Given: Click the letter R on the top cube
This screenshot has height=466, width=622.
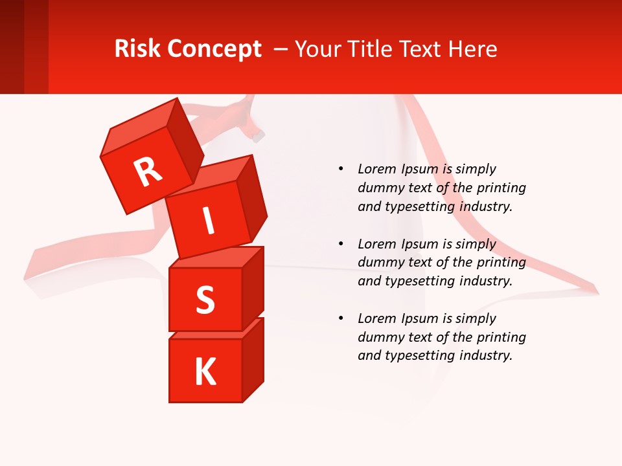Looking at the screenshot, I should (x=148, y=172).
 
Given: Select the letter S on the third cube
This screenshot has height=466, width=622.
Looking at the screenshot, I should (x=205, y=300).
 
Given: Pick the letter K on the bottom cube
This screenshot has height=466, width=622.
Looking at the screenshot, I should (x=205, y=372).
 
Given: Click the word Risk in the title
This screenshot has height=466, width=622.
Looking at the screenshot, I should (x=138, y=49).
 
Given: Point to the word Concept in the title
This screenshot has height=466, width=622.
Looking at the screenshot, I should (x=214, y=49).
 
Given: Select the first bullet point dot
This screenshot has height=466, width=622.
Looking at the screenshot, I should (x=341, y=170).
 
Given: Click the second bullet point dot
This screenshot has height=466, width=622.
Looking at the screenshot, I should (x=341, y=244).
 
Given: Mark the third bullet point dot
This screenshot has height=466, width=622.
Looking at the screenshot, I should (x=341, y=318).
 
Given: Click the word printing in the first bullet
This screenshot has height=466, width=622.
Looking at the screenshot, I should (x=501, y=188).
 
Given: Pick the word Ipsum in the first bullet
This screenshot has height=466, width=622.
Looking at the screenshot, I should (x=420, y=170).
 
